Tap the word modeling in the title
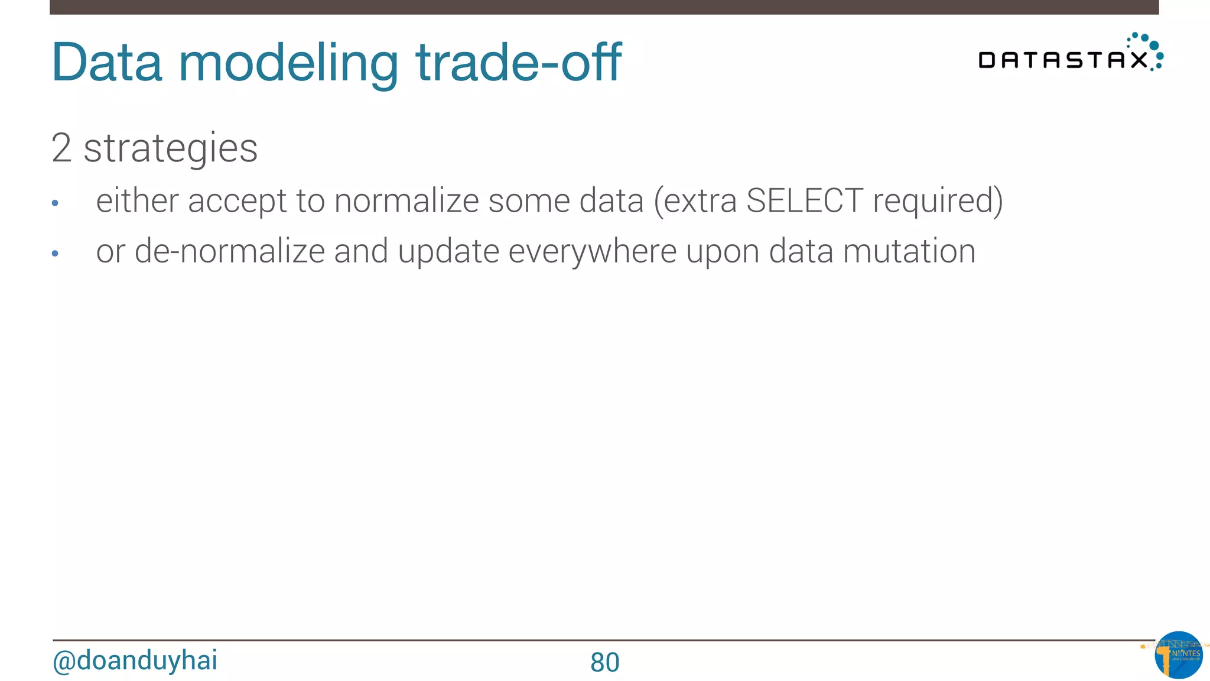tap(288, 64)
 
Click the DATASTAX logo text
tap(1062, 60)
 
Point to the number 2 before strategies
tap(61, 148)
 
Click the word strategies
tap(170, 149)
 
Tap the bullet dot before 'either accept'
tap(55, 203)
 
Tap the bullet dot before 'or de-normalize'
tap(55, 254)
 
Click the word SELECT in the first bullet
tap(804, 200)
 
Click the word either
tap(137, 200)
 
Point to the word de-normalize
tap(230, 251)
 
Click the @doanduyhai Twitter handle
tap(135, 660)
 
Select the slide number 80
tap(604, 662)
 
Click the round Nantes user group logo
tap(1178, 654)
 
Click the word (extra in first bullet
tap(695, 200)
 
